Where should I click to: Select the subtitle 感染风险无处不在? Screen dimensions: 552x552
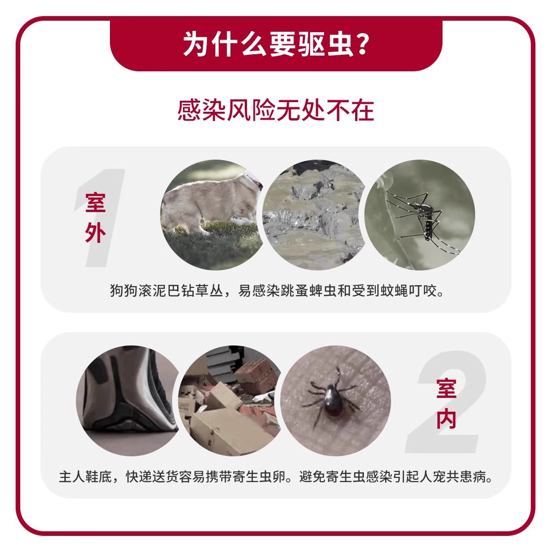[276, 110]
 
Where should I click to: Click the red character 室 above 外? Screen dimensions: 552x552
[95, 203]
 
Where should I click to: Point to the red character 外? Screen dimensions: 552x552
[95, 233]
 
